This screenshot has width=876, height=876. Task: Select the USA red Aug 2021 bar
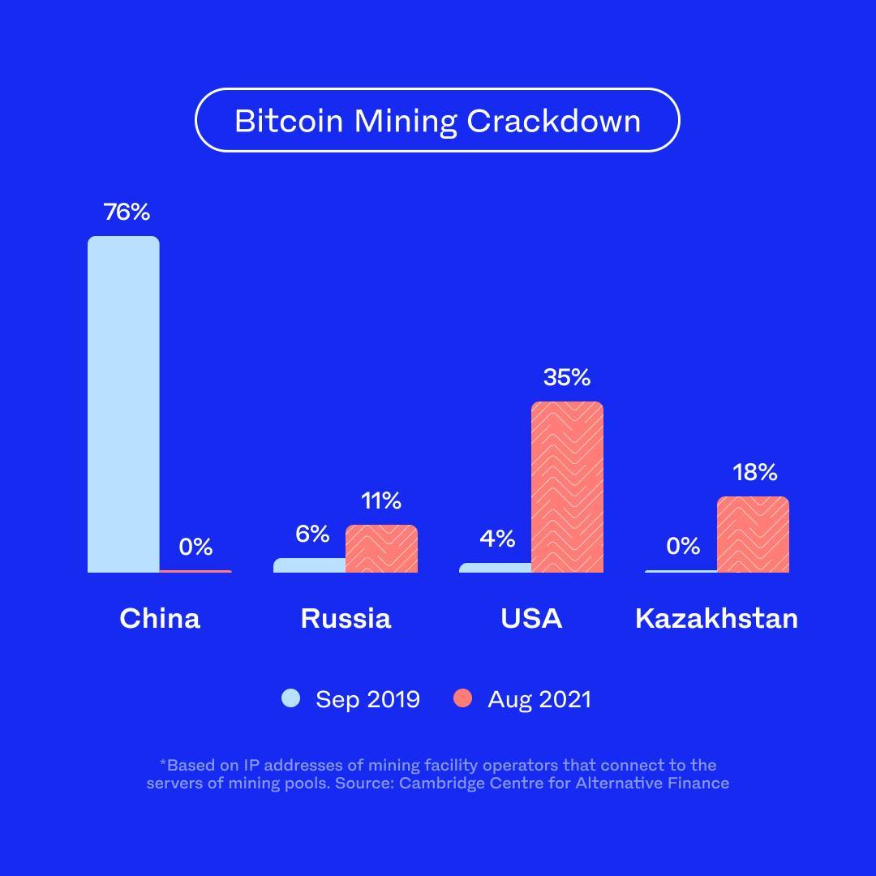click(567, 487)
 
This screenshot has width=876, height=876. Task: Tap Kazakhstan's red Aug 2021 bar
click(753, 535)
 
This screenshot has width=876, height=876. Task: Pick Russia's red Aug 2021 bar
click(381, 549)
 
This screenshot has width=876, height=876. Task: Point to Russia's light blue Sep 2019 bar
click(309, 565)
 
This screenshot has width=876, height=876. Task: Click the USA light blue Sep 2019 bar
click(495, 568)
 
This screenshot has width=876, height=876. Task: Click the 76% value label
click(127, 213)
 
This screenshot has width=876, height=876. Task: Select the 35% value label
click(567, 377)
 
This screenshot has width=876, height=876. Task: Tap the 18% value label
click(754, 472)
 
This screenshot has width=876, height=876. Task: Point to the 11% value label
click(381, 501)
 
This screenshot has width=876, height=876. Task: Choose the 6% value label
click(312, 534)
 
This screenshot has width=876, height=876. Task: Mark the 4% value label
click(497, 539)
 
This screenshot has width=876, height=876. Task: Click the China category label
click(160, 619)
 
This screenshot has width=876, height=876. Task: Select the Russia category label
click(346, 619)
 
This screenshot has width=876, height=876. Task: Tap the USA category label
click(531, 619)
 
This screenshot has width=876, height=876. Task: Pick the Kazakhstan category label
click(716, 619)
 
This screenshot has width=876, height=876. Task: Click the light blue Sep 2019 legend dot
click(291, 698)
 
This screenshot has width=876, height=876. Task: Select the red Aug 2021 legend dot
click(462, 698)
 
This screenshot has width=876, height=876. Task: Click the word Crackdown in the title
click(553, 121)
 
